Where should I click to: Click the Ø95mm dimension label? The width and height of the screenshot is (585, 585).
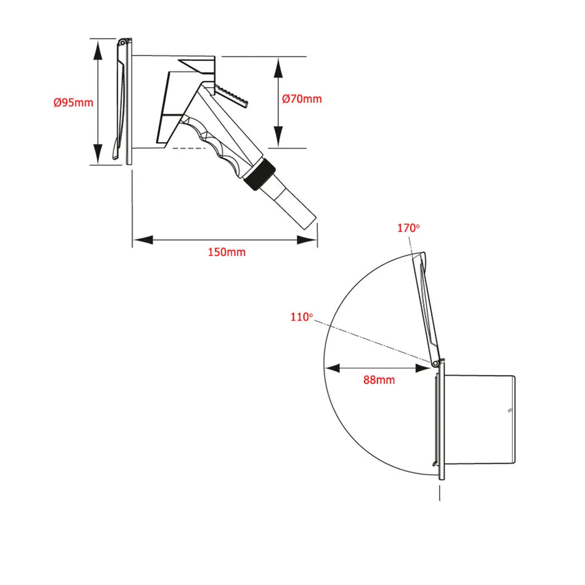(x=73, y=102)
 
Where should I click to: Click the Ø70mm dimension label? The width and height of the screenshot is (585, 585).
(x=302, y=99)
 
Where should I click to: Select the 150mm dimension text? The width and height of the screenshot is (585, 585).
(x=227, y=252)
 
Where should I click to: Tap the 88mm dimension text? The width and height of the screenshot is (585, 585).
(x=379, y=380)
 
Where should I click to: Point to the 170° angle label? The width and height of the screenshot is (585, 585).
(x=408, y=228)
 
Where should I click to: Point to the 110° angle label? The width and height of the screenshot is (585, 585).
(x=302, y=317)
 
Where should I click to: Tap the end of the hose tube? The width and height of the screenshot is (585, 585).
(x=310, y=222)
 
